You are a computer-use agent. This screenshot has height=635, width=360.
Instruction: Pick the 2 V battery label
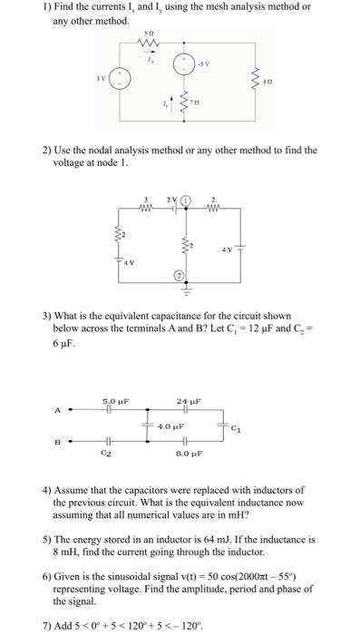(170, 199)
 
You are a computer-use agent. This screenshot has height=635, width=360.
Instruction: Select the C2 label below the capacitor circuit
(107, 451)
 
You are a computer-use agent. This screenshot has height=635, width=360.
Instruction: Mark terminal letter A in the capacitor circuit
(57, 410)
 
